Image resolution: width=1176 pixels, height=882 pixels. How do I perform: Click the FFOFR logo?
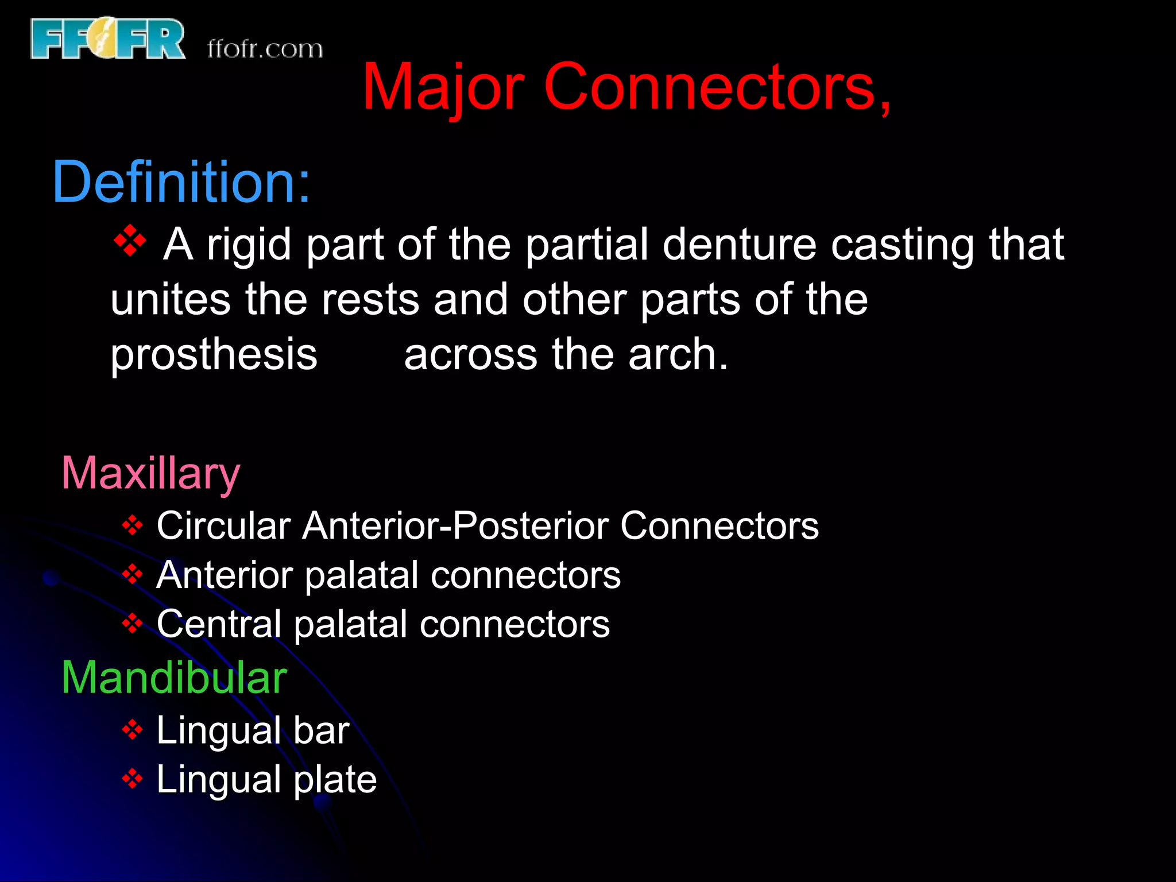point(108,38)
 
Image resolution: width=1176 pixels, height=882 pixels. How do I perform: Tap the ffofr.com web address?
point(265,49)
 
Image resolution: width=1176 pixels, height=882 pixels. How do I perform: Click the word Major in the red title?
point(443,88)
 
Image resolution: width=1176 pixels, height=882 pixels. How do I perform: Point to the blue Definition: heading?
point(181,182)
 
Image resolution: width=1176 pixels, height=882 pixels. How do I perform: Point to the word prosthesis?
point(214,354)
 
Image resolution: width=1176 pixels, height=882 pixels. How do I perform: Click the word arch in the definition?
point(678,354)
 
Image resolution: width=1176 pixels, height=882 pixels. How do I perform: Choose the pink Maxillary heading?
point(150,474)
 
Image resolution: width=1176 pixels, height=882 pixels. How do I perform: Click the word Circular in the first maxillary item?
point(224,525)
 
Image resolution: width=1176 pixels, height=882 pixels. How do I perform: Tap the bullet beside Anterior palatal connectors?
point(133,574)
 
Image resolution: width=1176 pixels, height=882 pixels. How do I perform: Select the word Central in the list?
point(219,624)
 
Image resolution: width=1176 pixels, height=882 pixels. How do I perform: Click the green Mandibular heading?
point(174,678)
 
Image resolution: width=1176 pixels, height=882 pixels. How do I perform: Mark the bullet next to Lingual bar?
point(133,730)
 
